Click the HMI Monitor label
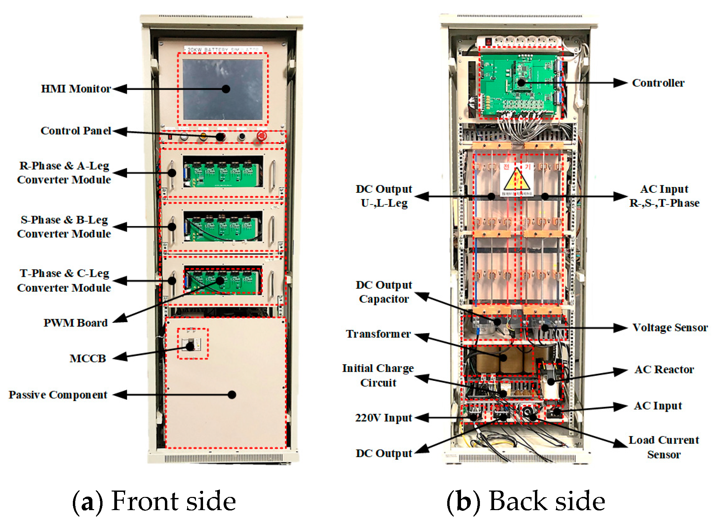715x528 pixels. tap(76, 89)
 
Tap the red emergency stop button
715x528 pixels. tap(262, 136)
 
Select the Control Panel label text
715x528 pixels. tap(76, 131)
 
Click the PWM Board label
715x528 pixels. tap(76, 323)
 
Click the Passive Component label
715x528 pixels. tap(58, 395)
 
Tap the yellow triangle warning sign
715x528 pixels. tap(516, 180)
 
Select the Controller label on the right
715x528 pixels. tap(658, 83)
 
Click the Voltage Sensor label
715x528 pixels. tap(669, 327)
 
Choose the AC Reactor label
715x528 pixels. tap(664, 369)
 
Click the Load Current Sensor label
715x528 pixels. tap(664, 447)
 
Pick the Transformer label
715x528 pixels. tap(378, 334)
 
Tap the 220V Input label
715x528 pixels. tap(383, 418)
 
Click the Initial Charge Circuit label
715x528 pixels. tap(378, 375)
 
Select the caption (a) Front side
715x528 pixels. tap(154, 501)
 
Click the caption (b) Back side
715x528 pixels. tap(526, 501)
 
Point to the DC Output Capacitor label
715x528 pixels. tap(384, 292)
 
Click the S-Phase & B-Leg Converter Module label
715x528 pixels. tap(64, 227)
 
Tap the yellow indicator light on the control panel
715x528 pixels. tap(203, 136)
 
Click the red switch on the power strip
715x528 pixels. tap(488, 42)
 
